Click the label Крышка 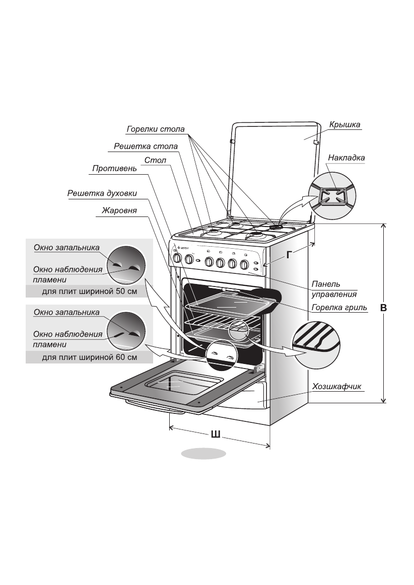345,124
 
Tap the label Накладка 346,158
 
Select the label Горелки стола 156,129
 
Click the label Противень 114,169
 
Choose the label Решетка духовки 102,193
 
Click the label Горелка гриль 338,307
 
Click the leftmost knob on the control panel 177,259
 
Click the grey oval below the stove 203,453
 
